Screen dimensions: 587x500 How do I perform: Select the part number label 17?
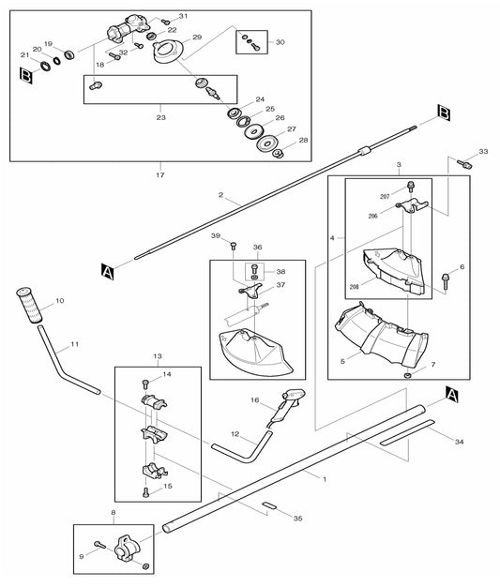pos(159,175)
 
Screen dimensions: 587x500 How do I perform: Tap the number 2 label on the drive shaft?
pos(220,196)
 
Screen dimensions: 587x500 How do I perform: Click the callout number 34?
pos(459,440)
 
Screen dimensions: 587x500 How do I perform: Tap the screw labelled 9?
pos(98,545)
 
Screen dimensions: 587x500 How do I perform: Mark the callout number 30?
pos(280,42)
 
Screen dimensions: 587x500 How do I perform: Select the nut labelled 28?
pos(278,154)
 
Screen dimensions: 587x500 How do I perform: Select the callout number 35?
pos(298,518)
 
